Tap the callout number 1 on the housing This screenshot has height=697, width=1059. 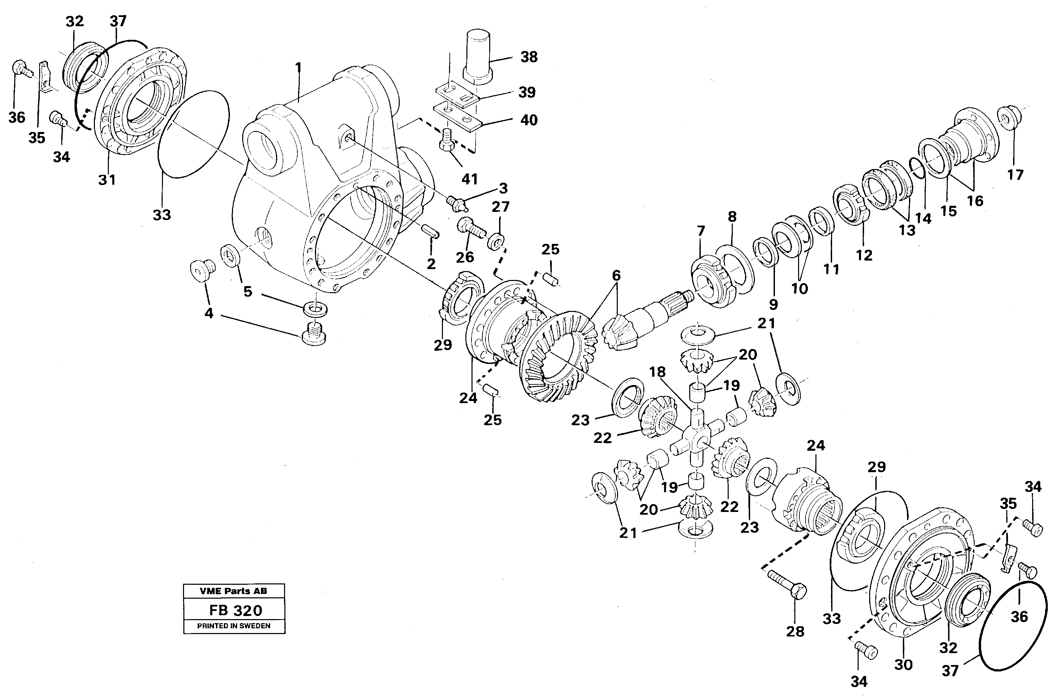298,68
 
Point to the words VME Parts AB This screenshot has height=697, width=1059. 234,591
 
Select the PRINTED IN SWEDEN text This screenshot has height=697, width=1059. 234,626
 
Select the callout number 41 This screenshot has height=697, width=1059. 469,179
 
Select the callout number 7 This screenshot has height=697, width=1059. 701,231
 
